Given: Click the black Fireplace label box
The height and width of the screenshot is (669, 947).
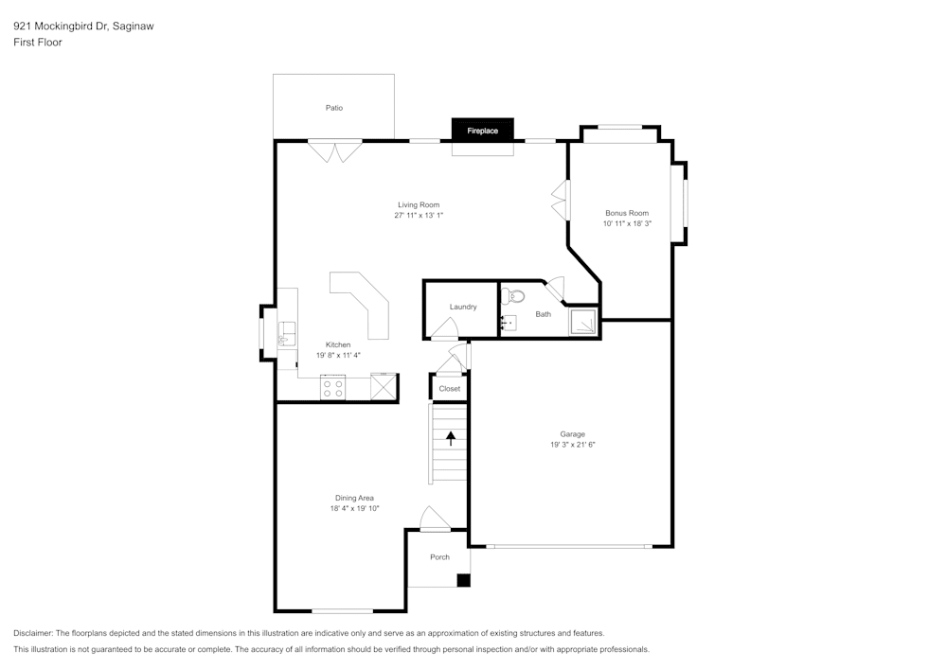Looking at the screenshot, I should click(x=482, y=131).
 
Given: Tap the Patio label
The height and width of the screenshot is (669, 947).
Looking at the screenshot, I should click(x=334, y=108).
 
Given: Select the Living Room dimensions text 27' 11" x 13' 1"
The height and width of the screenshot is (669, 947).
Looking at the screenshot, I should click(x=419, y=216).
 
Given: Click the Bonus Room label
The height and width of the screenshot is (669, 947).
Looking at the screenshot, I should click(x=627, y=213).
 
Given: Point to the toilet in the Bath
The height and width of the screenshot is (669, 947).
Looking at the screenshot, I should click(x=515, y=295).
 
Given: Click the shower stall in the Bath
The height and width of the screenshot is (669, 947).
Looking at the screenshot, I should click(x=583, y=323).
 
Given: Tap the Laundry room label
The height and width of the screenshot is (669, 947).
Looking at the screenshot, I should click(x=463, y=307).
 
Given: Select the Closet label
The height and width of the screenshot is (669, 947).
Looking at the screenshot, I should click(x=450, y=389).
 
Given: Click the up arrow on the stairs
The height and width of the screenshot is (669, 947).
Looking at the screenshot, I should click(x=451, y=437).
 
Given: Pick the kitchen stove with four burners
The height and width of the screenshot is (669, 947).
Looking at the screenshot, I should click(x=332, y=388).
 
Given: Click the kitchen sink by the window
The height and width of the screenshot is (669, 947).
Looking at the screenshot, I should click(x=285, y=333).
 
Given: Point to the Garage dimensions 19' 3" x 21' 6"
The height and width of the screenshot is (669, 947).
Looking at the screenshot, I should click(x=572, y=445).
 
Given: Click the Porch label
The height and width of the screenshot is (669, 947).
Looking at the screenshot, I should click(x=439, y=557).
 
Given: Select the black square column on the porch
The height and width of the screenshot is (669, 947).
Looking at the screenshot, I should click(x=463, y=580).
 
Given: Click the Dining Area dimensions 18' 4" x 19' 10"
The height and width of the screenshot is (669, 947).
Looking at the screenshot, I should click(x=354, y=509).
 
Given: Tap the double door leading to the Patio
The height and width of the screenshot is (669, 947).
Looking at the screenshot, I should click(x=334, y=150).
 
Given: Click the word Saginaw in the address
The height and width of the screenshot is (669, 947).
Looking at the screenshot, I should click(x=133, y=26).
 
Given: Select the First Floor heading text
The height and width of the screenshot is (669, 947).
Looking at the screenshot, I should click(x=38, y=43).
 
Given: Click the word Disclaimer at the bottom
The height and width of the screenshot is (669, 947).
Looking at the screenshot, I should click(x=33, y=633).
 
